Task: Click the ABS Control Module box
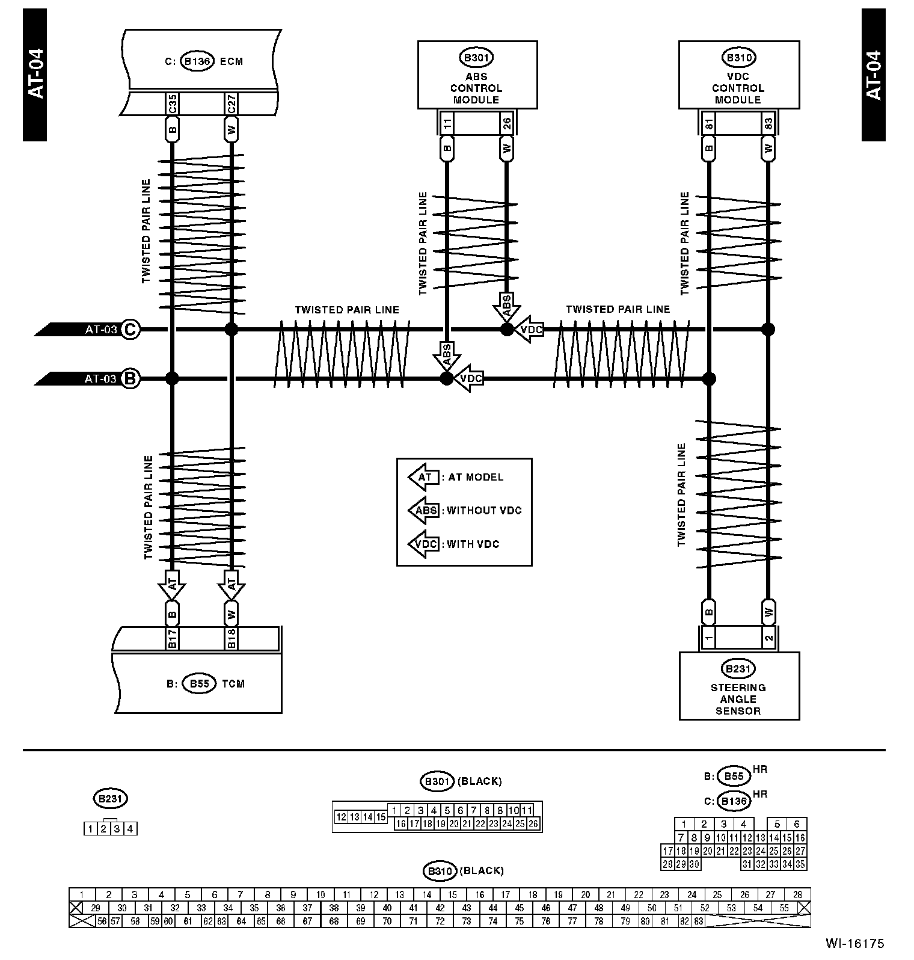pos(477,75)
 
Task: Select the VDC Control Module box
pos(738,75)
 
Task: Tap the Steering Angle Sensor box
pos(738,686)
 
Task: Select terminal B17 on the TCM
pos(172,639)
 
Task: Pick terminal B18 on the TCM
pos(232,639)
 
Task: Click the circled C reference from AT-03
pos(130,330)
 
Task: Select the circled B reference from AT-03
pos(130,379)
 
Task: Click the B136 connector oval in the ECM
pos(197,61)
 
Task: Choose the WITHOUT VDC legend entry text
pos(484,511)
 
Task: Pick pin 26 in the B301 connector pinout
pos(533,824)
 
